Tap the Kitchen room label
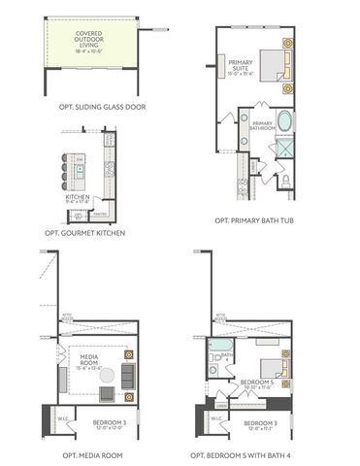78,199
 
